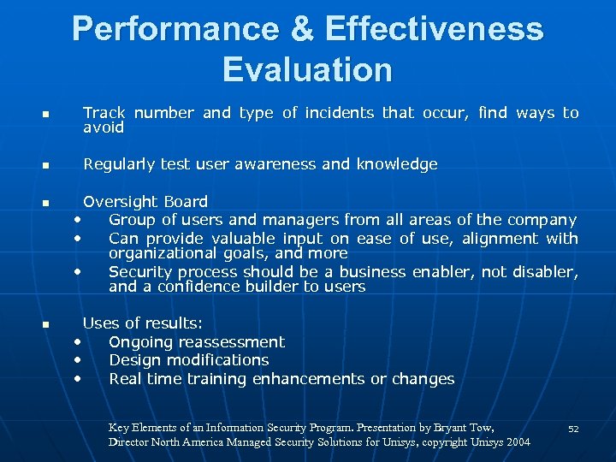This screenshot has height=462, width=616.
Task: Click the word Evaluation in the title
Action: coord(307,68)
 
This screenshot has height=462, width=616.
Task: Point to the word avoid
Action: coord(104,127)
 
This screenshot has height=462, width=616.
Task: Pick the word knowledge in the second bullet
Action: coord(396,164)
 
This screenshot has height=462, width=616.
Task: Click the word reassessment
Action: coord(229,342)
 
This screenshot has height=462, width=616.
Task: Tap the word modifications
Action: coord(218,360)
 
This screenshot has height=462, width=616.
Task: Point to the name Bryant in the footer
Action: coord(452,426)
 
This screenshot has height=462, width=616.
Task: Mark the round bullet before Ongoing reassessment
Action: coord(78,341)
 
